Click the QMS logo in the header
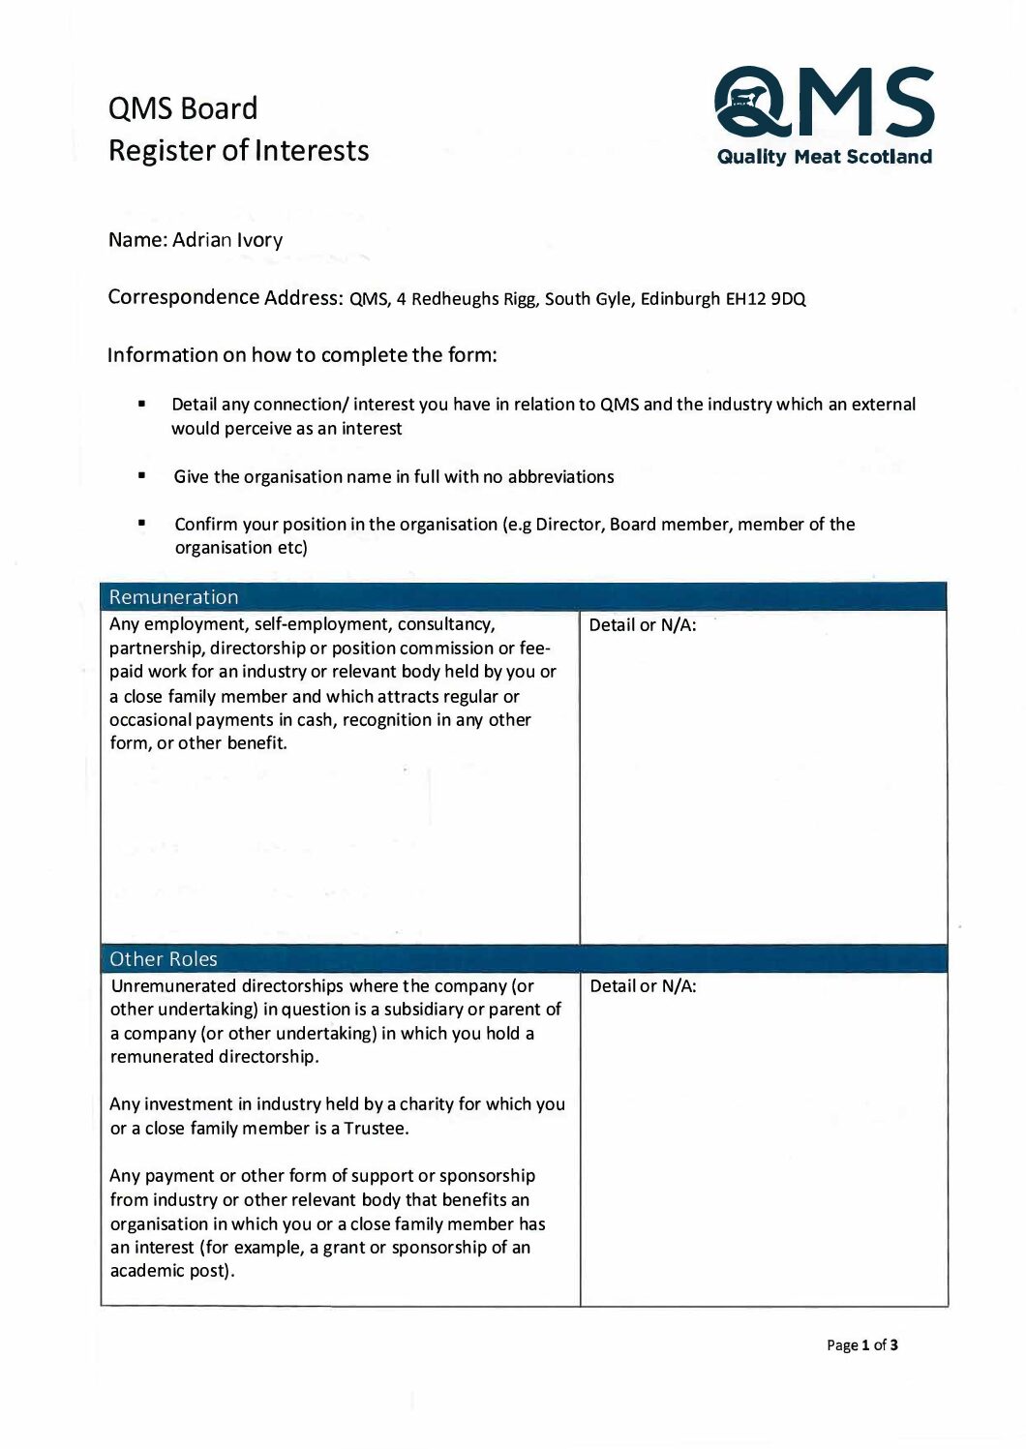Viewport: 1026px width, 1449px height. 824,102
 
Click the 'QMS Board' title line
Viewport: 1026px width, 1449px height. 183,108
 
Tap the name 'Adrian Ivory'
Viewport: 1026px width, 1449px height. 227,240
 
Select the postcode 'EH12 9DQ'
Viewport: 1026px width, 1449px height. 766,299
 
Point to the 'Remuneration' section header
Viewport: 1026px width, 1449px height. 173,597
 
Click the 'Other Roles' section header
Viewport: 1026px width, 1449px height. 164,959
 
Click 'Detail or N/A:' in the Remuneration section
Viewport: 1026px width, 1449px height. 643,625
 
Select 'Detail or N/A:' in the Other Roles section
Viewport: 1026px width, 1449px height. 643,986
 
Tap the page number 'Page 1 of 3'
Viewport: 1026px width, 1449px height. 862,1345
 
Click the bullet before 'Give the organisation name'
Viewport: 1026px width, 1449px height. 142,476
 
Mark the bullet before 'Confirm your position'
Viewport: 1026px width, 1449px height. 142,524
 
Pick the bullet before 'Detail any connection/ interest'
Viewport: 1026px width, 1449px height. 142,404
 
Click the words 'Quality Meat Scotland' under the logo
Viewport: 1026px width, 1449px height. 825,157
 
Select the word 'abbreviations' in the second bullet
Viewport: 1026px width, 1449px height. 560,477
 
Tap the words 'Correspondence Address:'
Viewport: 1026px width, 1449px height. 225,297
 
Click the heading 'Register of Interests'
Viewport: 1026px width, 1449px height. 238,151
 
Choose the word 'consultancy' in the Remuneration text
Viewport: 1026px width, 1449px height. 445,624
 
